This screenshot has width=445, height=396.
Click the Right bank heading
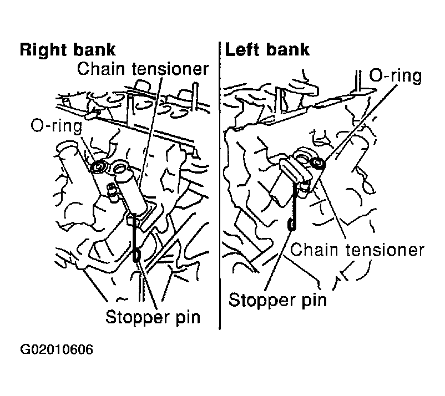[68, 50]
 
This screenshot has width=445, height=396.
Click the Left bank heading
[267, 50]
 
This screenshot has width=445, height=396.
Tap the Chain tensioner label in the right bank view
[143, 69]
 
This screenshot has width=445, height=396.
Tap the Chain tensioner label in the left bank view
[357, 250]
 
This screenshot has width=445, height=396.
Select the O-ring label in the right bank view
[57, 125]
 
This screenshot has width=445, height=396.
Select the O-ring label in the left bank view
[395, 75]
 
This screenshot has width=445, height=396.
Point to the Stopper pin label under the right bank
[153, 317]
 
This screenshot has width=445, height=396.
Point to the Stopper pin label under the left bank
[277, 300]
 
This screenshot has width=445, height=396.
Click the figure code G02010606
[57, 349]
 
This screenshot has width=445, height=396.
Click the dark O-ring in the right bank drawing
[98, 167]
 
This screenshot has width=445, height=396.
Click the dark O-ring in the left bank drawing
[318, 164]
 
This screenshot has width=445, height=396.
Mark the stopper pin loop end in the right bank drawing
[136, 255]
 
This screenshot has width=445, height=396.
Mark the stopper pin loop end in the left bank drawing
[291, 224]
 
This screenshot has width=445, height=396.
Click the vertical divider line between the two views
[220, 185]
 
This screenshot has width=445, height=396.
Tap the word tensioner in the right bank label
[170, 69]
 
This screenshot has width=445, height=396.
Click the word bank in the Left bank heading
[288, 50]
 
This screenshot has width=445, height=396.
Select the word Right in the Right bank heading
[43, 50]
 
